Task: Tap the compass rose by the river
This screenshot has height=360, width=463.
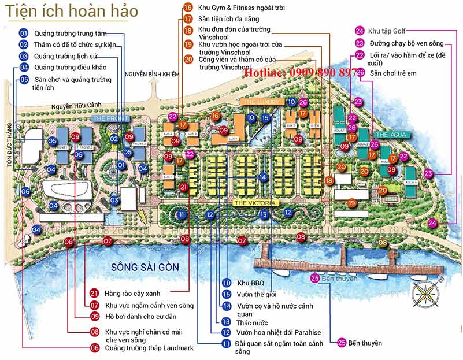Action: (x=425, y=293)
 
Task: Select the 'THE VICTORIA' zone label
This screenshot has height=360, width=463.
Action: (x=256, y=203)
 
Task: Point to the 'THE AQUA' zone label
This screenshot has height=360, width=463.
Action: (x=392, y=135)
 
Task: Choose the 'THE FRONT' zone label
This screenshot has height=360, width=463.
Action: (x=110, y=118)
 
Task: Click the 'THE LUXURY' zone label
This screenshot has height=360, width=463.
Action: (x=259, y=102)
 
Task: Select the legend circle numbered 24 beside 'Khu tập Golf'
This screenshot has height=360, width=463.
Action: (x=360, y=31)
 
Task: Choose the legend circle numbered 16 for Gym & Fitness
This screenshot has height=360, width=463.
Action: (x=188, y=8)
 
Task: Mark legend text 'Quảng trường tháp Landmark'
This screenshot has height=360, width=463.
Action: (x=149, y=348)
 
